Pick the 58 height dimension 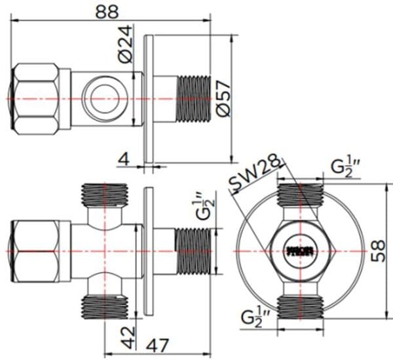(x=378, y=249)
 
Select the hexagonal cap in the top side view (x=38, y=98)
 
